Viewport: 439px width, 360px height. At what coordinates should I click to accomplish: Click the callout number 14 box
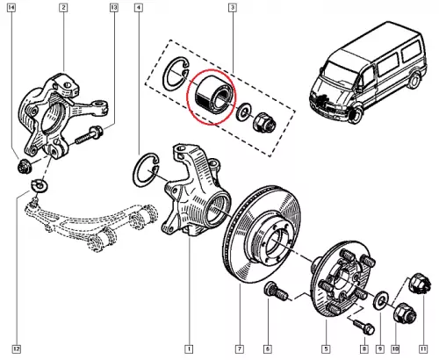pos(11,7)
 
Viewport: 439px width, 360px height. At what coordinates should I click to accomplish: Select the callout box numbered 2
pos(63,7)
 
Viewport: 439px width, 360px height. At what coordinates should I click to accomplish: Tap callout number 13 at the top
pos(114,7)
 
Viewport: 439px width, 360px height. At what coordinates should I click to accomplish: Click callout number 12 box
pos(17,349)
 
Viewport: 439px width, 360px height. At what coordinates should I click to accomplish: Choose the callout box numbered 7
pos(240,349)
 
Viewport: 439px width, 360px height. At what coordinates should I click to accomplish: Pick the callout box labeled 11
pos(423,349)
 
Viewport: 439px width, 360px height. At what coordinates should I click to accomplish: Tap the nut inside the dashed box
pos(264,123)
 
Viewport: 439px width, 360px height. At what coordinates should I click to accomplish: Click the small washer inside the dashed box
pos(243,112)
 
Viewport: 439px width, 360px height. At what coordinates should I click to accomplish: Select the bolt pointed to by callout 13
pos(89,136)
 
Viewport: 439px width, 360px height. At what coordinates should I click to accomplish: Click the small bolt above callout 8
pos(363,327)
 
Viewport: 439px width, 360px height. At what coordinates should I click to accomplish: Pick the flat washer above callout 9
pos(381,300)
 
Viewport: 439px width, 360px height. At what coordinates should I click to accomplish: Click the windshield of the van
pos(339,73)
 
